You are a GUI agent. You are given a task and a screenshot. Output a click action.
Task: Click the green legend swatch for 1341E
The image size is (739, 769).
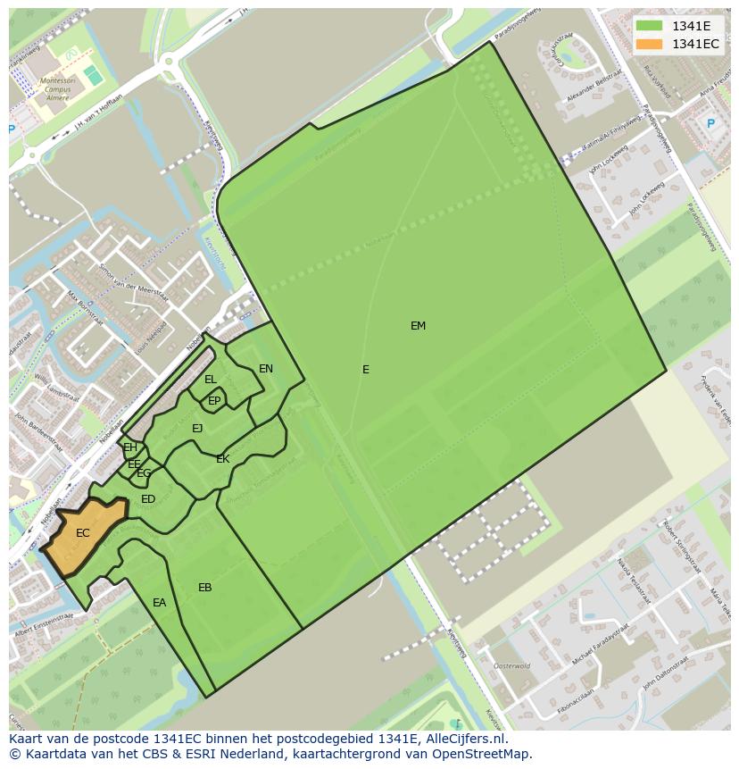[650, 26]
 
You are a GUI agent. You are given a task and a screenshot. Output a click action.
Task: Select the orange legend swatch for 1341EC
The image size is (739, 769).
[650, 44]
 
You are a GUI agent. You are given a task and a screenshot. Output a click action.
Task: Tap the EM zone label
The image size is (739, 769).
[418, 326]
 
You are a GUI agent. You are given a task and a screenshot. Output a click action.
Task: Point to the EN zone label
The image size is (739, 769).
[266, 369]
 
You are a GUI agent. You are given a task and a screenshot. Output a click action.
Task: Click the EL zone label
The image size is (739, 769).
[211, 380]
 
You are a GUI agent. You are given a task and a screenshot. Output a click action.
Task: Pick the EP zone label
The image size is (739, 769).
[214, 401]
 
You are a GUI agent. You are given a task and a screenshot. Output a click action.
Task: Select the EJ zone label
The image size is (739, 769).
[197, 429]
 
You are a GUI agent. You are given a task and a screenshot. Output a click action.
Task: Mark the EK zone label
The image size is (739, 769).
[223, 459]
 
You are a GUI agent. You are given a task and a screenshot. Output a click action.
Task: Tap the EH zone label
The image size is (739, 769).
[130, 447]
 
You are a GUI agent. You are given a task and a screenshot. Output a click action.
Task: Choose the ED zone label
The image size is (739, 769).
[148, 499]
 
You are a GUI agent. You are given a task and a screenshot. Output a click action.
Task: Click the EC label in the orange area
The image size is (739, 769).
[83, 533]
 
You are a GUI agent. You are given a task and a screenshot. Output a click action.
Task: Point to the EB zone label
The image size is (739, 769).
[205, 588]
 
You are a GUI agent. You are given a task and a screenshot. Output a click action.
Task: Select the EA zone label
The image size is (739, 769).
[159, 603]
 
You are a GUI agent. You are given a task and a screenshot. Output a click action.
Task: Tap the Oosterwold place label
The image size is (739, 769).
[512, 665]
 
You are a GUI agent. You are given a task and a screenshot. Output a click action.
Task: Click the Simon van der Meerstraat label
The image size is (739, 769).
[133, 285]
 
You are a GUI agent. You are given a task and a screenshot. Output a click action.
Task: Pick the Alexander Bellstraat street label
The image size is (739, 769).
[594, 96]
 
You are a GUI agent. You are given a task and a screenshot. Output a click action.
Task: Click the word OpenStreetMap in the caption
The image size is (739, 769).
[483, 754]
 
